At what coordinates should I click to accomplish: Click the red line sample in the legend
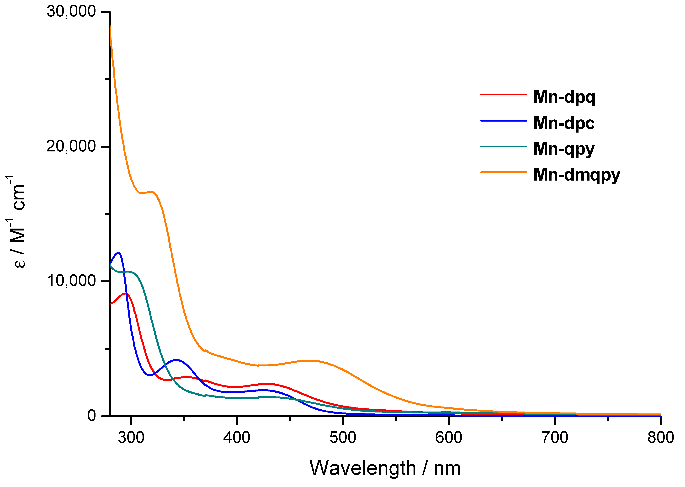[x=504, y=94]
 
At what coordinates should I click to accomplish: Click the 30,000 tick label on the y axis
[x=71, y=11]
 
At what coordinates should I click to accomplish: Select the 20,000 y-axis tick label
[x=71, y=146]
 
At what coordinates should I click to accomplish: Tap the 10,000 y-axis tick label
[x=71, y=281]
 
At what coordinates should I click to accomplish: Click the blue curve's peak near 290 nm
[x=118, y=253]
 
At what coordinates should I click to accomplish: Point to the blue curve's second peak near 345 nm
[x=176, y=360]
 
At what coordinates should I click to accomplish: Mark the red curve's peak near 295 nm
[x=125, y=294]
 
